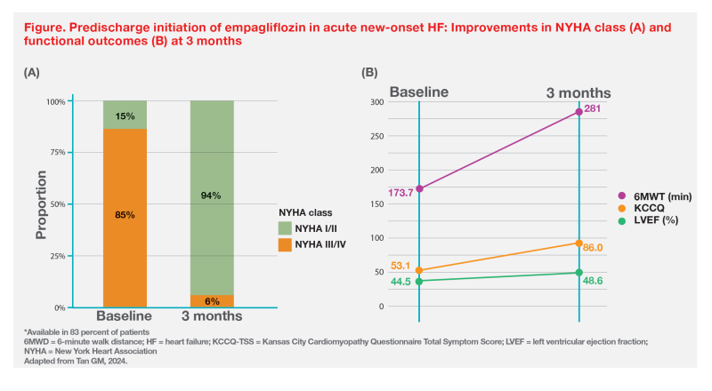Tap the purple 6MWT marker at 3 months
578,112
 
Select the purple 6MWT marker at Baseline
419,188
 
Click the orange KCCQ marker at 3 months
578,243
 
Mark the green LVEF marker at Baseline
419,281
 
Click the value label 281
595,109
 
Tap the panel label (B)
373,72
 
